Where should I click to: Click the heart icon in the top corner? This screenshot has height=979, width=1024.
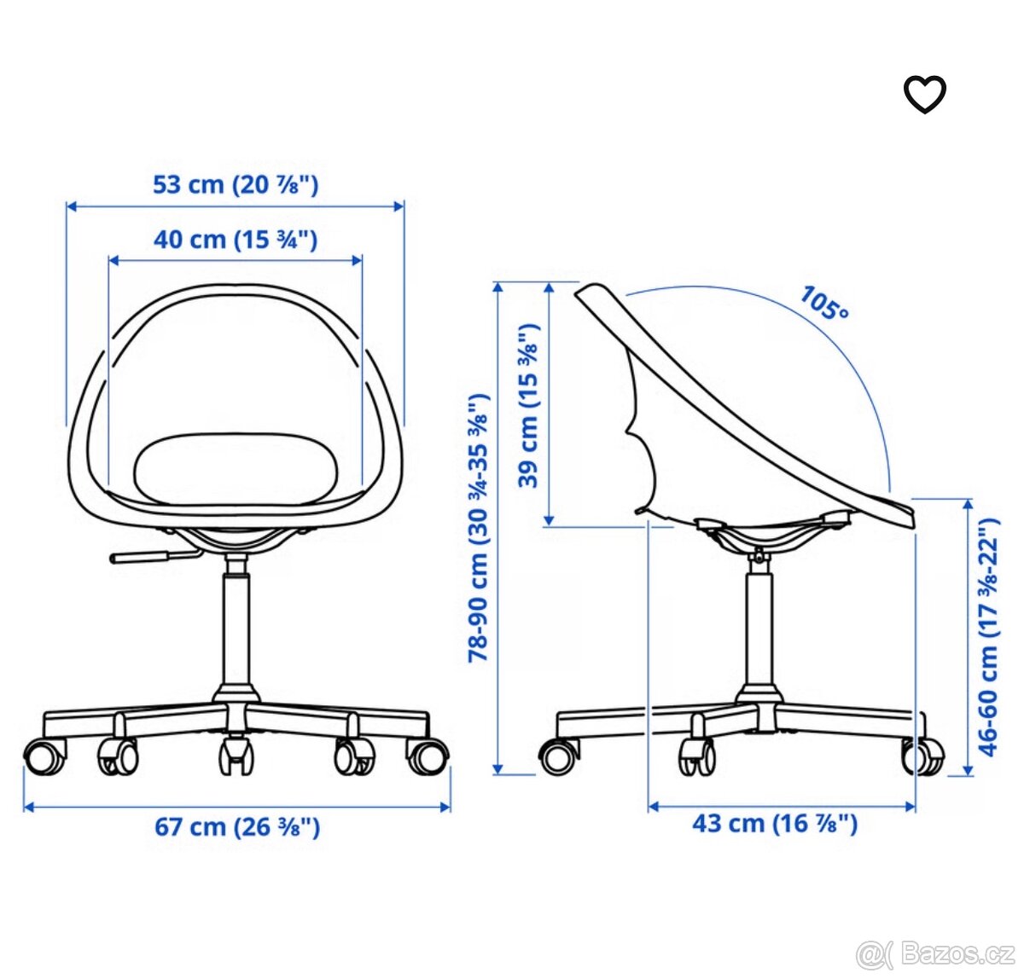click(x=925, y=94)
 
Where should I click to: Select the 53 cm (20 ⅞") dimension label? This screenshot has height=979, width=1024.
click(x=236, y=184)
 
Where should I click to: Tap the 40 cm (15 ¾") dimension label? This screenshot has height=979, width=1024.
click(x=236, y=240)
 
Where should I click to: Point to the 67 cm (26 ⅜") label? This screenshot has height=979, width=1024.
click(x=237, y=826)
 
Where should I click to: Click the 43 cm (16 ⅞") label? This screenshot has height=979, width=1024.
click(x=775, y=823)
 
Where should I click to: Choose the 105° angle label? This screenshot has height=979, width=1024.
click(x=824, y=304)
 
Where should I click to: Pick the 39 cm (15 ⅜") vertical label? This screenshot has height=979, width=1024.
click(x=529, y=406)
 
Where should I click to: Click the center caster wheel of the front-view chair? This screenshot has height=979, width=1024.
click(x=236, y=756)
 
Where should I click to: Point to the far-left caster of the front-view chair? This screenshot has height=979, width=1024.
click(x=44, y=756)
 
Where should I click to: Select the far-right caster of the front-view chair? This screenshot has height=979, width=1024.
click(x=428, y=756)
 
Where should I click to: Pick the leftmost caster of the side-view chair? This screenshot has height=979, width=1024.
click(x=559, y=756)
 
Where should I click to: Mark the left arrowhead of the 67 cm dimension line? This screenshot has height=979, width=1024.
click(x=28, y=806)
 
